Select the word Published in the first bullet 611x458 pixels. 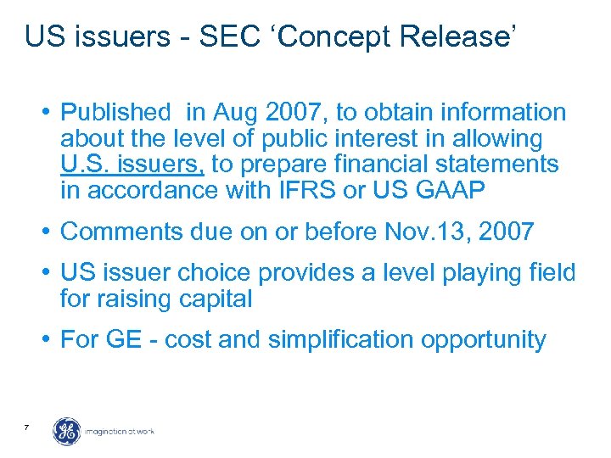(x=116, y=112)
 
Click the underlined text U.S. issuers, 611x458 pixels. (x=132, y=164)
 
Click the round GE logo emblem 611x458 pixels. (x=67, y=431)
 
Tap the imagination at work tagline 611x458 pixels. (x=119, y=432)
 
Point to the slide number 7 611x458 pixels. (x=28, y=427)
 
